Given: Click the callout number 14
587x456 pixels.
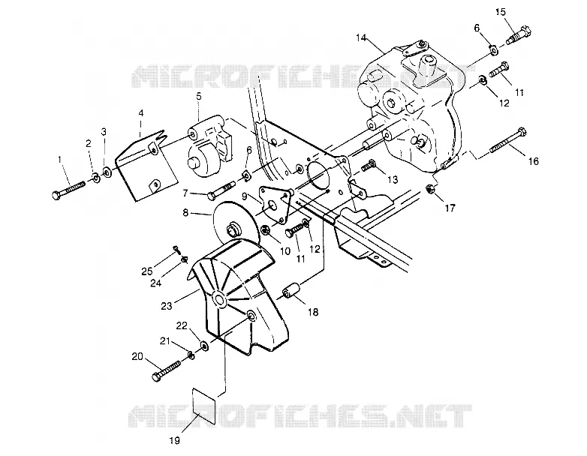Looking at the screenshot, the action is coord(361,37).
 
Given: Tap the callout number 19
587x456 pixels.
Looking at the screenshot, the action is coord(175,440).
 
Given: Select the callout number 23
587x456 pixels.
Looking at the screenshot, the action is coord(166,306).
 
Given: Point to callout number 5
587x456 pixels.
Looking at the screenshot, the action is coord(198,96).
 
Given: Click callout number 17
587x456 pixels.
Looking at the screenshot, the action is coord(450,208).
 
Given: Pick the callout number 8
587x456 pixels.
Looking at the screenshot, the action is coord(185,213).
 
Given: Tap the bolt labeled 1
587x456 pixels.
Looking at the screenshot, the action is coord(68,189).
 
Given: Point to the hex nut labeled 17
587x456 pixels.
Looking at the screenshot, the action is coord(430,189).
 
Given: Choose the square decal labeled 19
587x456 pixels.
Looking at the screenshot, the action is coord(204,406).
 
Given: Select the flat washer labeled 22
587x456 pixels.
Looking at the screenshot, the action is coord(204,346).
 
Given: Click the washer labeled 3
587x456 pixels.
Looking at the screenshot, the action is coord(107,172).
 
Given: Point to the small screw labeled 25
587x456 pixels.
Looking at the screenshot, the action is coord(175,247).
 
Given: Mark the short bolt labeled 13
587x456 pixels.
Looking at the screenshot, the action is coord(369,165).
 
